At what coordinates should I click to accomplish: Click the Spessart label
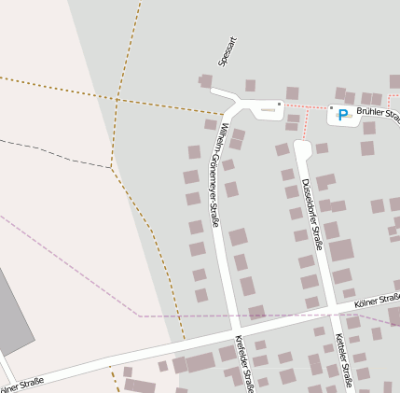coord(224,52)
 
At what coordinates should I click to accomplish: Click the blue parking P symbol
coord(342,115)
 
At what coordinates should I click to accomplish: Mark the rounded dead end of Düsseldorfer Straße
coord(301,147)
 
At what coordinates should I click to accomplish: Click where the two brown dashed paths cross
coord(117,97)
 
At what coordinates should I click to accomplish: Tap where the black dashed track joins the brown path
coord(111,168)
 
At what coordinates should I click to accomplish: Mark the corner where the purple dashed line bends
coord(140,316)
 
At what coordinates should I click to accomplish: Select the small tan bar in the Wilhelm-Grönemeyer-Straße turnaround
coord(268,110)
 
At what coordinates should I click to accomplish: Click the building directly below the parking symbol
coord(367,147)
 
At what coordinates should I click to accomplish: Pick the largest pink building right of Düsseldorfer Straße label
coord(341,250)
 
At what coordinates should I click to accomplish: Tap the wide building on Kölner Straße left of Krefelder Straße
coord(200,362)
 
